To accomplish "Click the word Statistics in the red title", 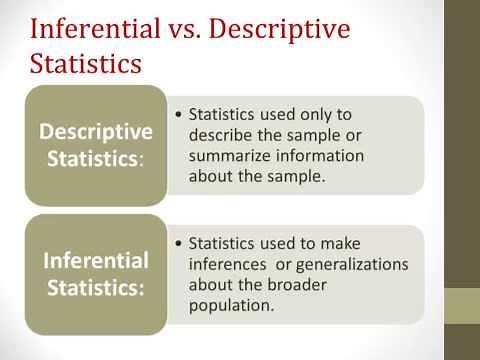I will point(85,65).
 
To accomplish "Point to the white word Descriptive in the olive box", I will point(95,132).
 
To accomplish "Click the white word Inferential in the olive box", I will point(95,261).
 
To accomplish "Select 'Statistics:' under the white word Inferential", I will point(95,288).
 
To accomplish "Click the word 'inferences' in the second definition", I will point(228,265).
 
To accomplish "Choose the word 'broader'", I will point(296,286).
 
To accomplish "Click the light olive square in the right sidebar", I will point(462,306).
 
